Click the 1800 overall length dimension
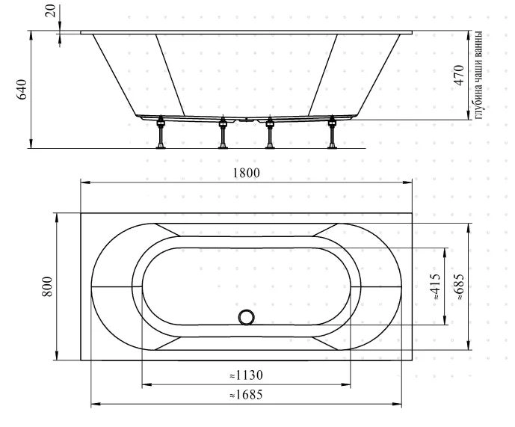[247, 173]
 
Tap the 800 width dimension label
[48, 286]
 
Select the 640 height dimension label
[22, 90]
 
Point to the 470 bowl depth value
[459, 76]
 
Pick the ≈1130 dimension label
[247, 375]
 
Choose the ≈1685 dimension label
[247, 394]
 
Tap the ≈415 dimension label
[435, 286]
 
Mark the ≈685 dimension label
[459, 286]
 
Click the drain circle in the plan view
[247, 317]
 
